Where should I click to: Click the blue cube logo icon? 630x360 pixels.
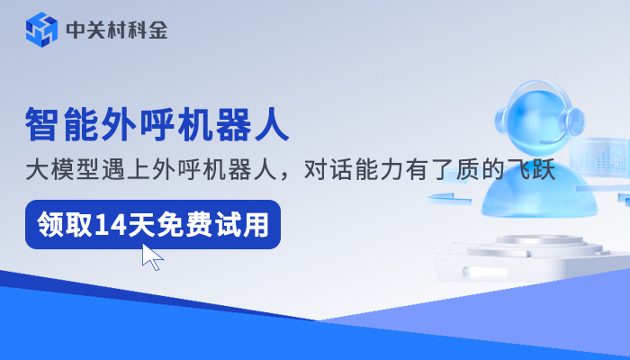(x=40, y=30)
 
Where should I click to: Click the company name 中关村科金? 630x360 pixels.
(x=116, y=31)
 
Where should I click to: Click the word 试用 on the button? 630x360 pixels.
(x=247, y=224)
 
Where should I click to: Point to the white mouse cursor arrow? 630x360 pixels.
(x=152, y=257)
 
